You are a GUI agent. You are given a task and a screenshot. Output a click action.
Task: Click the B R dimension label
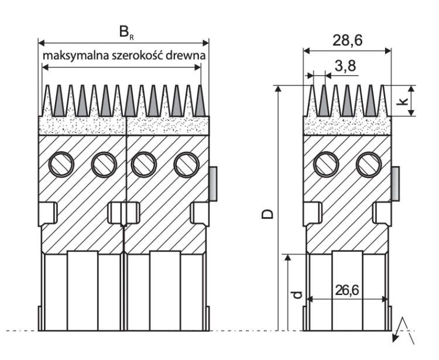pos(126,32)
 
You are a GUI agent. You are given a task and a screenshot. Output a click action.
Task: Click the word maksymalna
pos(76,56)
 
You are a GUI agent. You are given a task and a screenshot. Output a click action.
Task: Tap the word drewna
pos(186,56)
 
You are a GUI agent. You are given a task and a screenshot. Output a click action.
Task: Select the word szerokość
pos(137,56)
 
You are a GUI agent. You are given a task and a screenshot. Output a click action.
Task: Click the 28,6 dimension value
pos(348,40)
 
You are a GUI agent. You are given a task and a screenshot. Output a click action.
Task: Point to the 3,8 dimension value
pos(345,66)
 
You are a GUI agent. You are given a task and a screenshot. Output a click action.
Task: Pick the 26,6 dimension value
pos(347,290)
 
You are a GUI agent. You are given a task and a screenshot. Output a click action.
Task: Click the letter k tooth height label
pos(402,101)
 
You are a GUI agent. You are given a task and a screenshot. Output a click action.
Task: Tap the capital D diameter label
pos(267,214)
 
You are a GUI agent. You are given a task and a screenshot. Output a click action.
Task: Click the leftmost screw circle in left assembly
pos(61,164)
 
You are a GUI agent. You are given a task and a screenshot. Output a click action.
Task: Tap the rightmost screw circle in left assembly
pos(187,164)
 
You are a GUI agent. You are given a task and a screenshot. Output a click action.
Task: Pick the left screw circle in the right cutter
pos(326,164)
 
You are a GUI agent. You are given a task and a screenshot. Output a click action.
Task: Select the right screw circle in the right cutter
pos(369,164)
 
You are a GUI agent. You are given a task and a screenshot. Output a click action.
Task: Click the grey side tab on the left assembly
pos(213,184)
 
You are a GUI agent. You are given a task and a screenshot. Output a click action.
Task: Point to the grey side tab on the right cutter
pos(395,184)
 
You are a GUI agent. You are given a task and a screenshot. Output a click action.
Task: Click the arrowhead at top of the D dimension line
pos(277,88)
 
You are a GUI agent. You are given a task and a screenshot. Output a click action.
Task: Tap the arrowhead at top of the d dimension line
pos(287,258)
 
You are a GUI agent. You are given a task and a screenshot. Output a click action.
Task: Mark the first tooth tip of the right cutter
pos(313,85)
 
